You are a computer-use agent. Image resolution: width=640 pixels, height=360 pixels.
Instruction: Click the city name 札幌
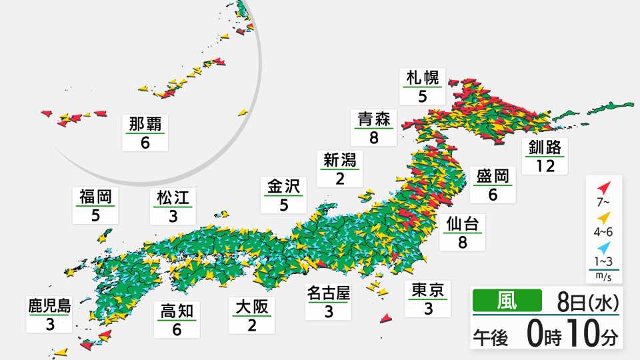click(x=423, y=78)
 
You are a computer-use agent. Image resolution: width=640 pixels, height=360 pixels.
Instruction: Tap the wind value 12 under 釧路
click(x=545, y=165)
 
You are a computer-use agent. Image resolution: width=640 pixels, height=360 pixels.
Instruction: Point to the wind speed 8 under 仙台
click(x=461, y=242)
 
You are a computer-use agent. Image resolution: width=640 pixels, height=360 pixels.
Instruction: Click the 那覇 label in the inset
click(x=145, y=124)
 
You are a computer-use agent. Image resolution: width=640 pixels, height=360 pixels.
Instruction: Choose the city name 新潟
click(x=340, y=160)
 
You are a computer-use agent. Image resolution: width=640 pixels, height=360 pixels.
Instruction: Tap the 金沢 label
click(x=283, y=186)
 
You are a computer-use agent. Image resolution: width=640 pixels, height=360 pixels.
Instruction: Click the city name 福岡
click(x=94, y=197)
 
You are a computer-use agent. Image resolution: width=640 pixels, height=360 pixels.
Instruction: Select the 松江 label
click(x=173, y=197)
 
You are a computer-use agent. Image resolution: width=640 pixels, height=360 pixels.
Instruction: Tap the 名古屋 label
click(x=328, y=292)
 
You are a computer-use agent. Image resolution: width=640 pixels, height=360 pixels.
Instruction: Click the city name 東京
click(x=428, y=290)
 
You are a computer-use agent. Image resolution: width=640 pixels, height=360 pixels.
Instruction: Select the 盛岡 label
click(x=493, y=177)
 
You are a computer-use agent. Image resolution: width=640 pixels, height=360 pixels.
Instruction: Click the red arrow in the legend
click(x=603, y=187)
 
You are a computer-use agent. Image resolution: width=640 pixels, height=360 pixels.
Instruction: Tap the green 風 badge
click(x=506, y=302)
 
